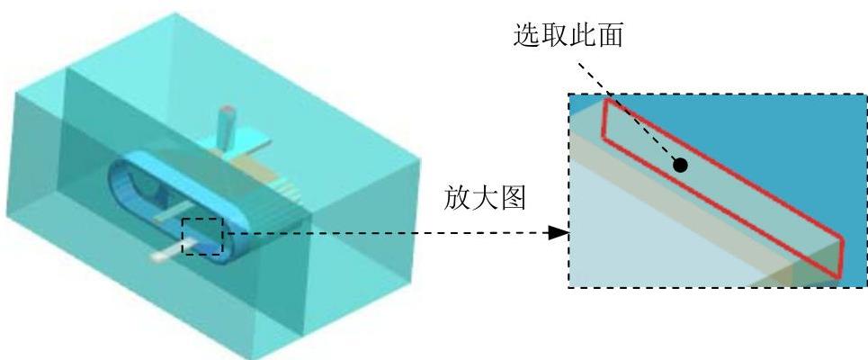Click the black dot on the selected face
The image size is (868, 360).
tap(681, 165)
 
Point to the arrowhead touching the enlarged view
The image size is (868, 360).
tap(559, 234)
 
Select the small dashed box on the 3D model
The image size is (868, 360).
tap(201, 237)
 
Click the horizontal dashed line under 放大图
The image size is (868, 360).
tap(387, 234)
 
